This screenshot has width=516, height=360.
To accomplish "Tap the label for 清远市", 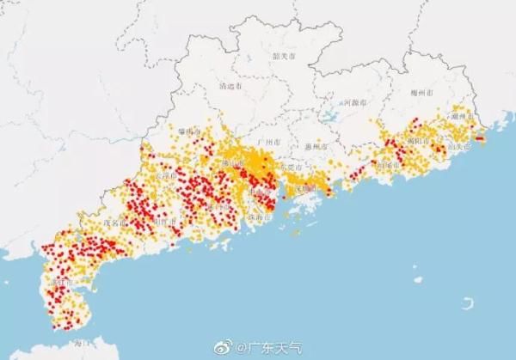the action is pos(230,87).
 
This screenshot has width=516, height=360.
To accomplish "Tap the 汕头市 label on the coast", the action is pos(460,147).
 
